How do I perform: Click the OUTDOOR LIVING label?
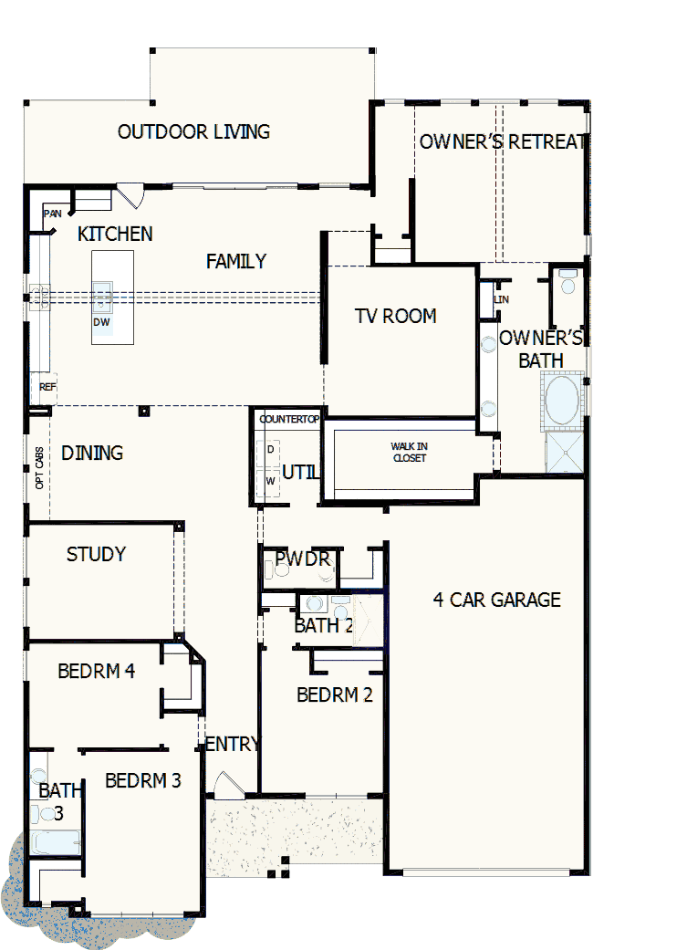(x=193, y=131)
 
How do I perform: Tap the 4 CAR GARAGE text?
(x=496, y=600)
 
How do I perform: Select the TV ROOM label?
(x=395, y=316)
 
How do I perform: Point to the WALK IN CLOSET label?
(x=409, y=452)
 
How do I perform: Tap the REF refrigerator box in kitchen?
(x=47, y=387)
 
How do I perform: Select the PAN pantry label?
(x=52, y=214)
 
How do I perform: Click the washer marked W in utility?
(x=270, y=480)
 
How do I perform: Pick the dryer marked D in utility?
(x=270, y=449)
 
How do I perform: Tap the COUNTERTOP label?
(x=289, y=419)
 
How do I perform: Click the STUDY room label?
(x=96, y=554)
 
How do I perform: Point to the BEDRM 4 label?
(x=96, y=671)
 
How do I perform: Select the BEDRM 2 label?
(x=335, y=694)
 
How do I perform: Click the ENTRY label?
(x=233, y=744)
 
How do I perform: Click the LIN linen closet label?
(x=501, y=299)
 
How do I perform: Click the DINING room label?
(x=92, y=454)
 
